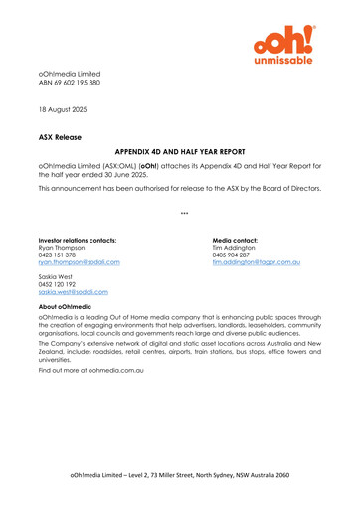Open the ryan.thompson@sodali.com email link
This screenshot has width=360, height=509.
pos(79,263)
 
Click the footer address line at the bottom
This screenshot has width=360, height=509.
pos(179,477)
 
